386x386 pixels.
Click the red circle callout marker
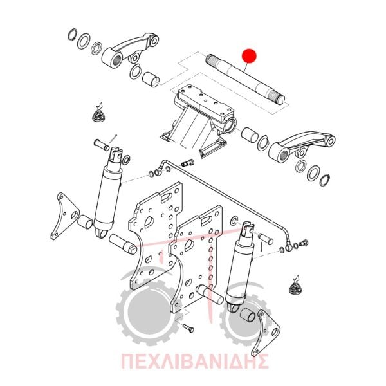pyautogui.click(x=249, y=56)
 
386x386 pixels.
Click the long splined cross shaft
pyautogui.click(x=245, y=78)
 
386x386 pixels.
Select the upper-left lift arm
pyautogui.click(x=130, y=50)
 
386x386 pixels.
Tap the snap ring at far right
pyautogui.click(x=325, y=180)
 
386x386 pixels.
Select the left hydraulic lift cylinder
pyautogui.click(x=108, y=192)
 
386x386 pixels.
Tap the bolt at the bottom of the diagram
pyautogui.click(x=188, y=328)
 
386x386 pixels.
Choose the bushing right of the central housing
pyautogui.click(x=250, y=135)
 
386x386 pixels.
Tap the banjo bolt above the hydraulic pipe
pyautogui.click(x=188, y=163)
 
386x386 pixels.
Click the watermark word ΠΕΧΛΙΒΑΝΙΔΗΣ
pyautogui.click(x=195, y=362)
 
